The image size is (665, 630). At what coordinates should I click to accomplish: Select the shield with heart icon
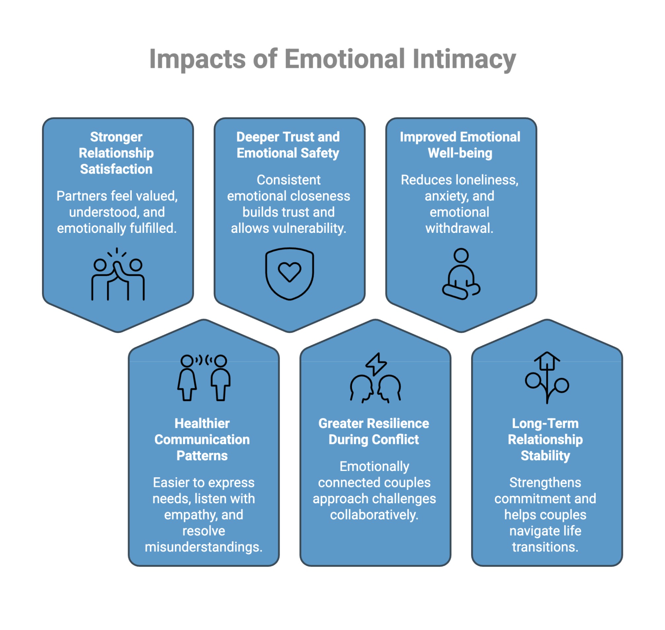pos(289,273)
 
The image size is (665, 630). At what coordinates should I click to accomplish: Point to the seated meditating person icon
pos(461,274)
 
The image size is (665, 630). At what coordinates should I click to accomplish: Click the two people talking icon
pos(203,377)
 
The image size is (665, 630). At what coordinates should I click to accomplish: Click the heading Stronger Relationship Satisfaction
pos(116,153)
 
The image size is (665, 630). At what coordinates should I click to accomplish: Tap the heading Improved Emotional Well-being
pos(460,145)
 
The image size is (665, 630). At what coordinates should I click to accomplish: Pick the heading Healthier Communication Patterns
pos(202,439)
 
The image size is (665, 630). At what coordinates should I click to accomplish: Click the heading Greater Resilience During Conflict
pos(373,431)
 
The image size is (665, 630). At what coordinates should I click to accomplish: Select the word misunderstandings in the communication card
pos(203,547)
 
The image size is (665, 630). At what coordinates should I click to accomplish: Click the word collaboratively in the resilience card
pos(374,515)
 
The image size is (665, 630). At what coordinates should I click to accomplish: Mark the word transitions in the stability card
pos(545,547)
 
